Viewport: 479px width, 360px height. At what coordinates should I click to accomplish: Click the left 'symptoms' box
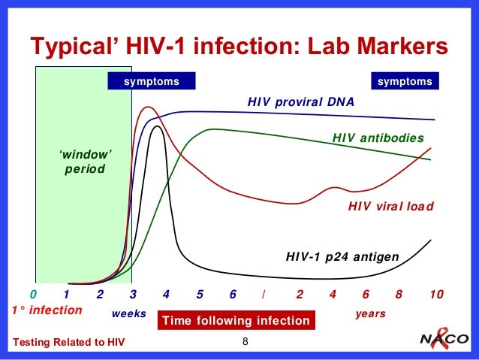click(x=152, y=81)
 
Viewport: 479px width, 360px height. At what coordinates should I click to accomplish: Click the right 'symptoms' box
click(x=405, y=81)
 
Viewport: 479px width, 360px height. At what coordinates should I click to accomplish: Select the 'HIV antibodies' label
click(x=378, y=138)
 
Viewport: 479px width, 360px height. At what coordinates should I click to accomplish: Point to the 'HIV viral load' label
click(x=391, y=206)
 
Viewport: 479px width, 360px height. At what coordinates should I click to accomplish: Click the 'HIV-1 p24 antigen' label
click(x=342, y=257)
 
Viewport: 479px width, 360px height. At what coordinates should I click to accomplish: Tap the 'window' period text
click(x=85, y=161)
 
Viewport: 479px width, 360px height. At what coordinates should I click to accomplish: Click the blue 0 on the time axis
click(x=33, y=294)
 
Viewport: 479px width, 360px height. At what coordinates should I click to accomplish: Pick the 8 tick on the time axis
click(x=399, y=294)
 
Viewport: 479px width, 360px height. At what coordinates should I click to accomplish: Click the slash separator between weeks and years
click(x=264, y=294)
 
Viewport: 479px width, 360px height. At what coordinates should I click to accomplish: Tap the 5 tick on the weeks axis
click(x=200, y=294)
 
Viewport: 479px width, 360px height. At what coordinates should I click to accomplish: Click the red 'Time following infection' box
click(x=236, y=321)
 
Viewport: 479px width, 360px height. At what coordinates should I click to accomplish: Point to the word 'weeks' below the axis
click(x=128, y=313)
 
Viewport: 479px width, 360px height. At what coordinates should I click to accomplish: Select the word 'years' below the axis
click(x=369, y=313)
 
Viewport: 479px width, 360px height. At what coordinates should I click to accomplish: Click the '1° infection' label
click(x=47, y=310)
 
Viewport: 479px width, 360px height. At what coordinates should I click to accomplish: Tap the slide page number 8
click(x=245, y=343)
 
